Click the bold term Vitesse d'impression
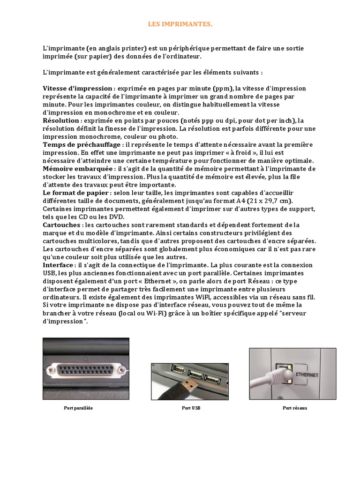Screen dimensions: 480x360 [77, 89]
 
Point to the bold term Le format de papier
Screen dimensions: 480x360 [77, 193]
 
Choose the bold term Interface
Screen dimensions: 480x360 [58, 265]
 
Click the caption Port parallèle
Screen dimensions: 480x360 [78, 408]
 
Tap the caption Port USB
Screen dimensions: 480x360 [191, 408]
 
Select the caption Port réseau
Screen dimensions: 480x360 [295, 408]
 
